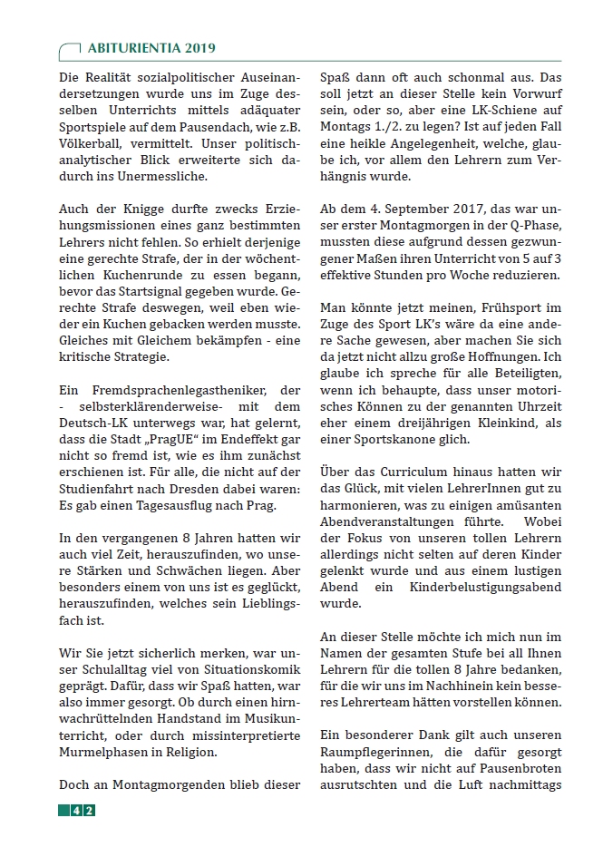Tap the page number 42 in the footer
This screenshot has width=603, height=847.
[x=83, y=810]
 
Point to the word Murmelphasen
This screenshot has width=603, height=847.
[x=102, y=752]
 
